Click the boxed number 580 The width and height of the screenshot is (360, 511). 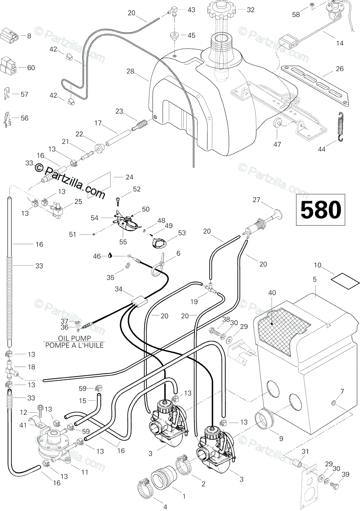pos(320,210)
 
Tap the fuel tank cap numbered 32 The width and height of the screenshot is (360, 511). pos(222,11)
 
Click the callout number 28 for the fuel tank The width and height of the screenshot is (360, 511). pos(130,71)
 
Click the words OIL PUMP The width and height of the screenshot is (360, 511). pos(74,338)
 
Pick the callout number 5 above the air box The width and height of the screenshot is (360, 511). pos(315,279)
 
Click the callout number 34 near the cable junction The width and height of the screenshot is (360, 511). pos(119,289)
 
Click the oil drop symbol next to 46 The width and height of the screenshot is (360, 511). pos(110,256)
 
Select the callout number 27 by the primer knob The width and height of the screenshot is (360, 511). pos(256,200)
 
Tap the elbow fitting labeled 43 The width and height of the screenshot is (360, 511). pos(172,11)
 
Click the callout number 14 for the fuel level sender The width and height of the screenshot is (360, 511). pos(340,43)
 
